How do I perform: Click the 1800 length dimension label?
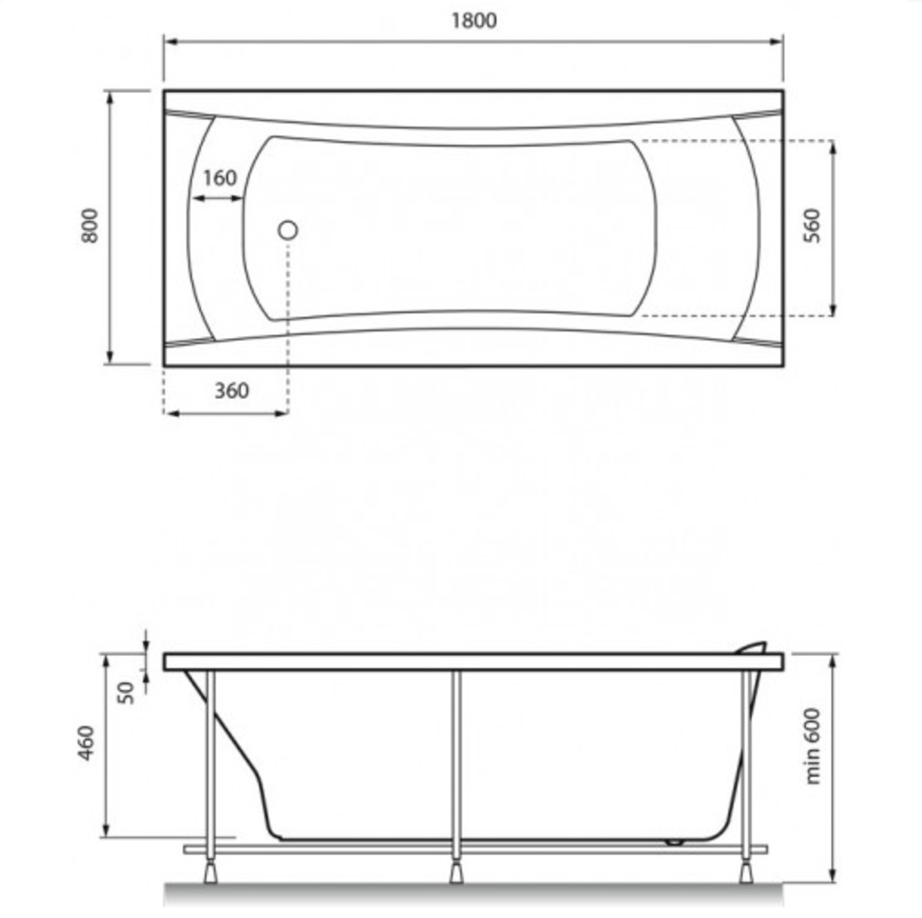point(474,20)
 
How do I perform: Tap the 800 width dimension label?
point(90,225)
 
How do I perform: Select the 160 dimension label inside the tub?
point(219,178)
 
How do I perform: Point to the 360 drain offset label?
point(231,390)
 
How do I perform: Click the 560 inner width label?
point(812,225)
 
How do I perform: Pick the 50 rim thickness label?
point(126,692)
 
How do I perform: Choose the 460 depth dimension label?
point(86,743)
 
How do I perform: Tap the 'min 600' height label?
point(812,746)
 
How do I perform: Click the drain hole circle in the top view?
point(288,230)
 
